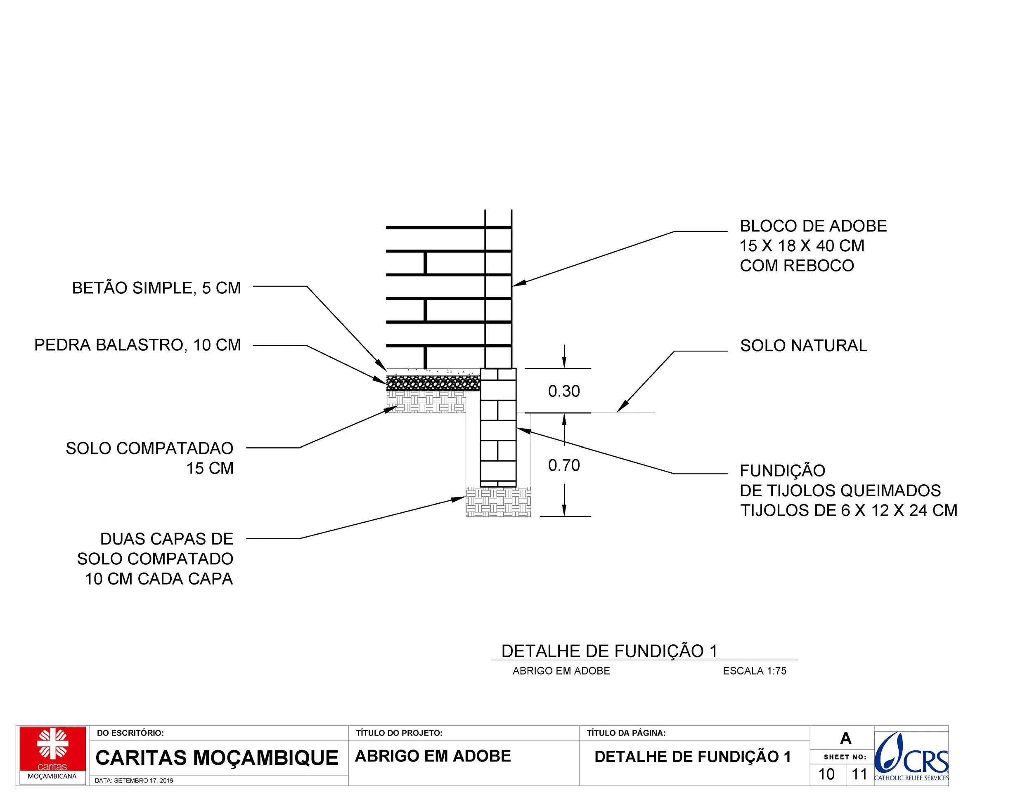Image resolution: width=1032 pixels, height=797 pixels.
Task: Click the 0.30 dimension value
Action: (564, 391)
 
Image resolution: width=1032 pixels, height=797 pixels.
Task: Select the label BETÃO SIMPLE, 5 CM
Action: (156, 288)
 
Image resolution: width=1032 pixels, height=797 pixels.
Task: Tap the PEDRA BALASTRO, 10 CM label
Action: (137, 345)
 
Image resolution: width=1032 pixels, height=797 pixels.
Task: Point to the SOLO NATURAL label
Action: (803, 346)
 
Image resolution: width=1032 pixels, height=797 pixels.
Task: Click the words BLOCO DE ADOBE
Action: (813, 226)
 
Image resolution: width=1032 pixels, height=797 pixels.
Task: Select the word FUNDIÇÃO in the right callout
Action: (782, 471)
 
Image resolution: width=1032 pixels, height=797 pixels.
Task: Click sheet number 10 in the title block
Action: (826, 774)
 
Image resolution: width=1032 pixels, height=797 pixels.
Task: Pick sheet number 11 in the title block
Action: (859, 774)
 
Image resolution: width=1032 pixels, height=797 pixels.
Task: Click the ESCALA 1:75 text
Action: (754, 671)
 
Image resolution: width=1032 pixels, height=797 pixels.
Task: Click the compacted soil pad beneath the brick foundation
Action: (498, 502)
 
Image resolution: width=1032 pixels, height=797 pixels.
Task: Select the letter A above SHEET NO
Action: (845, 738)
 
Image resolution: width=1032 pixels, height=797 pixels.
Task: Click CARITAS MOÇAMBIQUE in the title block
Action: (217, 758)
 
